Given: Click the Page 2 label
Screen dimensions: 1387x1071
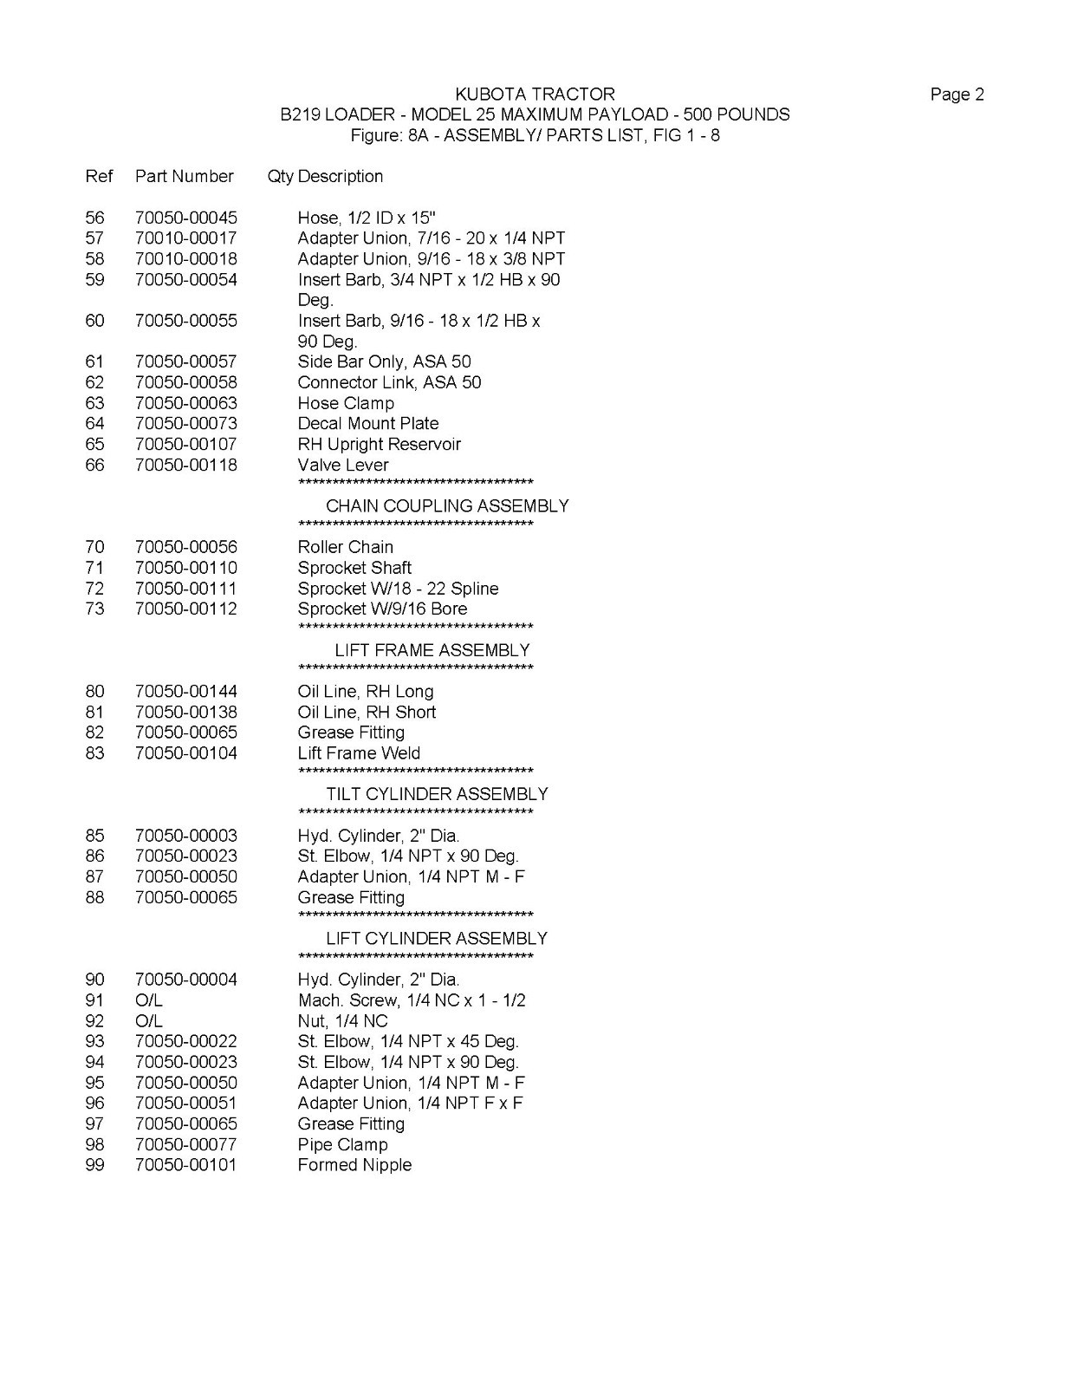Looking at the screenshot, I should pos(957,94).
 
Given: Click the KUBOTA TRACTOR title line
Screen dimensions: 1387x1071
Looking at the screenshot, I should pos(535,94).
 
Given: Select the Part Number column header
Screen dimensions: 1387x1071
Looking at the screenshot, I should pos(184,176).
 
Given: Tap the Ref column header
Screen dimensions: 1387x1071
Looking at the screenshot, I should pos(99,176).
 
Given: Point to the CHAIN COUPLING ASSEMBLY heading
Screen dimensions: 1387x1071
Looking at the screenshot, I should pos(447,505).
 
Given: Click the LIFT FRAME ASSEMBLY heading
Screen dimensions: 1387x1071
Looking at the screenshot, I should pos(432,650).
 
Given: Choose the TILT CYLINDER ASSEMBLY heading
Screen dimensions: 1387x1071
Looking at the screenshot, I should pos(437,794).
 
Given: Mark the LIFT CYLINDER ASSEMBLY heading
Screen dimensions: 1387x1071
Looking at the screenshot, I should pos(437,938).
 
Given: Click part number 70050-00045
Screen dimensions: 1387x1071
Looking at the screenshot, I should pos(185,218).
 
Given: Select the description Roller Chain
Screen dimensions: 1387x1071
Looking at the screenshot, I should pos(345,547).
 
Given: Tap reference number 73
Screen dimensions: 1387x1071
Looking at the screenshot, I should pos(94,609).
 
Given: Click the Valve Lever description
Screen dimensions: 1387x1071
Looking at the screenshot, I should pos(343,465).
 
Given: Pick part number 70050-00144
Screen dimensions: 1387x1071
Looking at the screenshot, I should pos(185,691).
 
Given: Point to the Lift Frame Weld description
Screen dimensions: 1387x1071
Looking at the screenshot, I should pos(359,753).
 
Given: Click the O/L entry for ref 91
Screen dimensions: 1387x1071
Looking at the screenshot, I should pos(149,1000).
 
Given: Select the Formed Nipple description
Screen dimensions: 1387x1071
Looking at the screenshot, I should pos(354,1165).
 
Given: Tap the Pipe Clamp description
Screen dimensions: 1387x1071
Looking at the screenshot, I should pos(342,1144).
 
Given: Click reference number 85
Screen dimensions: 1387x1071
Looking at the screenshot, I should pos(94,836).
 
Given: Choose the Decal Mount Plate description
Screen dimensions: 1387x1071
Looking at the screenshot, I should pos(367,423).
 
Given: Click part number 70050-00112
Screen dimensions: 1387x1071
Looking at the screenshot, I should pos(185,609).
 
